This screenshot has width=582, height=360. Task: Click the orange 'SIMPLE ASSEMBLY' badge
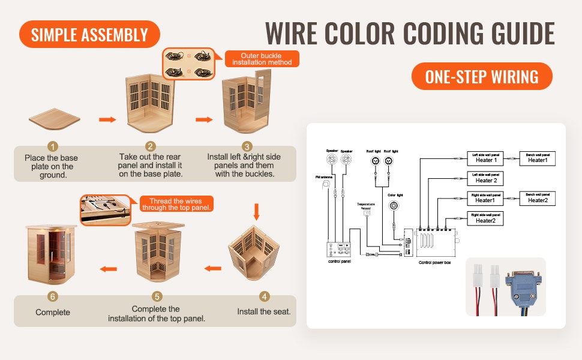(x=89, y=34)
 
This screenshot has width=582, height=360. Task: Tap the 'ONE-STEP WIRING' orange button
(x=481, y=76)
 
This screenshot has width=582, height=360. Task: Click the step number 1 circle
(x=53, y=146)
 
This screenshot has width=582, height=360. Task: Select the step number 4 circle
(x=264, y=297)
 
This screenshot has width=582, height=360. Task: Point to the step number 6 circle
(x=53, y=297)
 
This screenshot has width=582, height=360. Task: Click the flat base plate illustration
(x=54, y=121)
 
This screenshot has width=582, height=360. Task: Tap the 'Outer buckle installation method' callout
(x=262, y=59)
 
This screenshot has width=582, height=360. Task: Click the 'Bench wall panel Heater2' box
(x=538, y=198)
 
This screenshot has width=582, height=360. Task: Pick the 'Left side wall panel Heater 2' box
(x=485, y=178)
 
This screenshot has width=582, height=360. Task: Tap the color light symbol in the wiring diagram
(x=394, y=206)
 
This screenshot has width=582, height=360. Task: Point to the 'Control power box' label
(x=434, y=263)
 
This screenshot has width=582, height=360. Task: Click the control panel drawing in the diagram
(x=338, y=250)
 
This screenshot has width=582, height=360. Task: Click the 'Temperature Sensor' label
(x=366, y=206)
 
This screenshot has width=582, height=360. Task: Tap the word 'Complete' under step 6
(x=53, y=312)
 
